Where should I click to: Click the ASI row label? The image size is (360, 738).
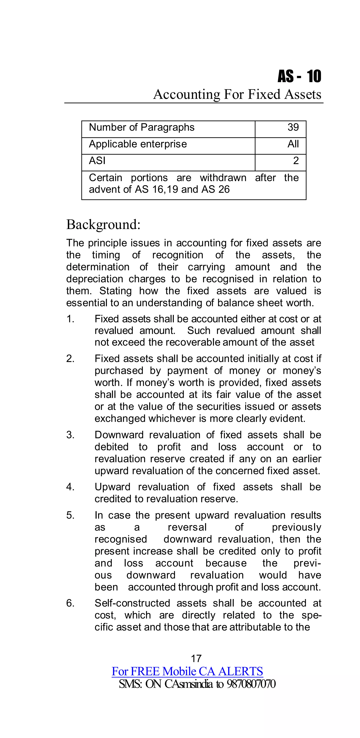pyautogui.click(x=97, y=161)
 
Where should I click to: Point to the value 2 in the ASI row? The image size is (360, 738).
pyautogui.click(x=296, y=161)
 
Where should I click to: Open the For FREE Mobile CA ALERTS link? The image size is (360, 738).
pyautogui.click(x=187, y=671)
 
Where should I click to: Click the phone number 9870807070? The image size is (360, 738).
pyautogui.click(x=251, y=684)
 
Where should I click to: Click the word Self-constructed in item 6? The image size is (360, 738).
pyautogui.click(x=132, y=603)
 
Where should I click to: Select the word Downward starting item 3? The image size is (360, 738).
pyautogui.click(x=119, y=435)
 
